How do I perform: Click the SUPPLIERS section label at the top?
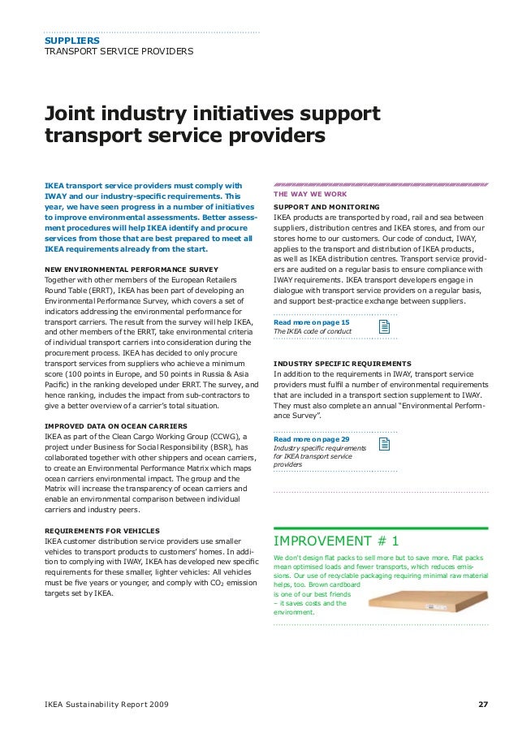(72, 40)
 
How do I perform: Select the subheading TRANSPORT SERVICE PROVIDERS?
(119, 52)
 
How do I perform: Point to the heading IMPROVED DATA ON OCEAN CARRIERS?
(115, 425)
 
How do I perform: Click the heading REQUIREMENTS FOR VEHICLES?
(101, 531)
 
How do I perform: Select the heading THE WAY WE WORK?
(311, 195)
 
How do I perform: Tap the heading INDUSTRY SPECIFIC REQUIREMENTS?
(342, 363)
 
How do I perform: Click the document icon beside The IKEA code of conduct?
(386, 326)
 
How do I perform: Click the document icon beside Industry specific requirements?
(386, 443)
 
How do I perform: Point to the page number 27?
(482, 703)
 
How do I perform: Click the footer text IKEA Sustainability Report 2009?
(107, 703)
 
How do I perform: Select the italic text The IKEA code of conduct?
(313, 332)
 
